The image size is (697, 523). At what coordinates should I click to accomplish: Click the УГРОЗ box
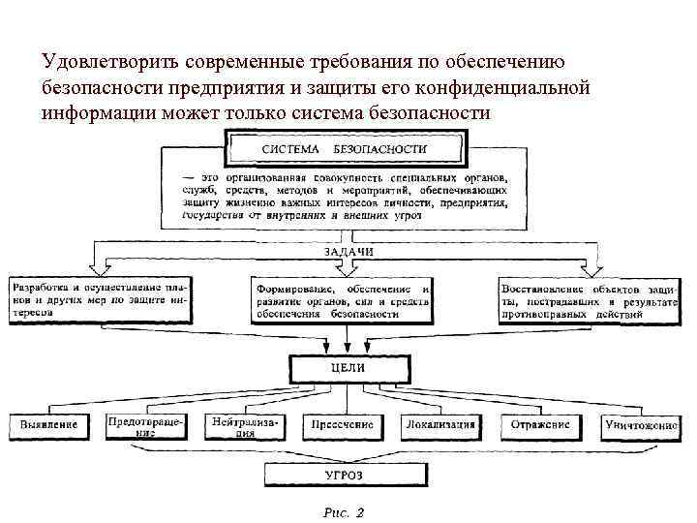pyautogui.click(x=344, y=474)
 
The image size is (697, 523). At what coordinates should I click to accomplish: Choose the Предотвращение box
pyautogui.click(x=144, y=426)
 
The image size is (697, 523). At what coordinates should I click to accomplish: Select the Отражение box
pyautogui.click(x=539, y=424)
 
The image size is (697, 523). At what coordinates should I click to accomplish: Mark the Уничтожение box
pyautogui.click(x=640, y=425)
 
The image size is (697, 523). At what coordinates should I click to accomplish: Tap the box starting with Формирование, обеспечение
pyautogui.click(x=343, y=301)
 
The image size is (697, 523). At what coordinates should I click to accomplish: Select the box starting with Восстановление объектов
pyautogui.click(x=589, y=300)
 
